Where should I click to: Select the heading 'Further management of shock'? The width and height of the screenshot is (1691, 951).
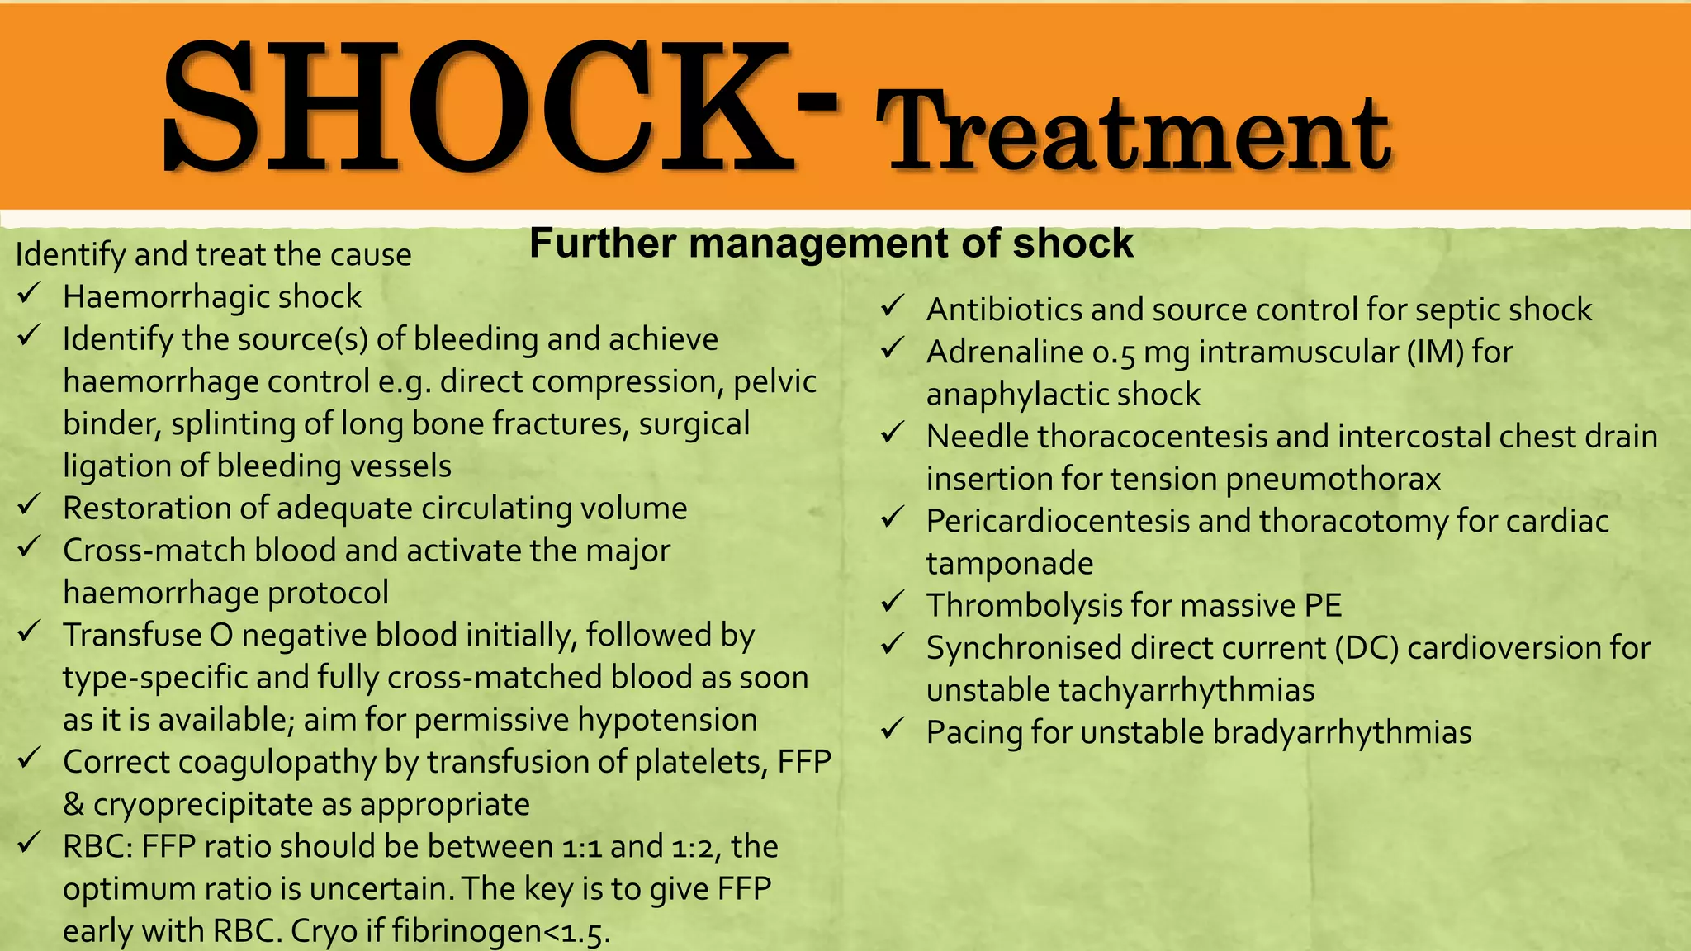831,244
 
